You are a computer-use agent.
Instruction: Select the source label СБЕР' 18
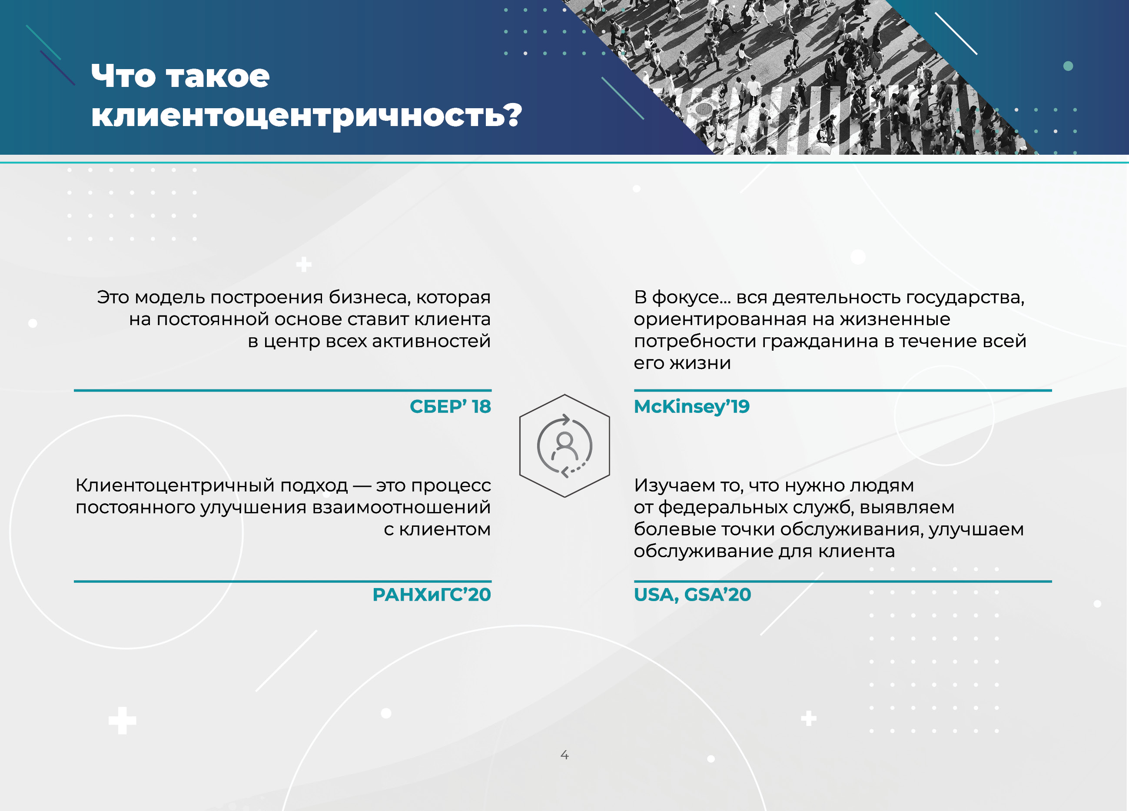(450, 406)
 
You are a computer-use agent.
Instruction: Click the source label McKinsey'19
(691, 407)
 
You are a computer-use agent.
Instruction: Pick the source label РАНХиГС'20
(432, 595)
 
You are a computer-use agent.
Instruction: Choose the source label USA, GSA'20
(692, 595)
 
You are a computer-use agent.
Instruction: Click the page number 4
(564, 755)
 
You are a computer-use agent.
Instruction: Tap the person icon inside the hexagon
(564, 446)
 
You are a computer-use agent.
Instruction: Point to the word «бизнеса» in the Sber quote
(369, 298)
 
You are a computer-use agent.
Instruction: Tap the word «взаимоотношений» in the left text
(401, 507)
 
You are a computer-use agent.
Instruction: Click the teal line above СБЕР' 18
(283, 390)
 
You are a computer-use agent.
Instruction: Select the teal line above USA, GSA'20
(843, 581)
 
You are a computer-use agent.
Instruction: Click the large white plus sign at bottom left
(123, 721)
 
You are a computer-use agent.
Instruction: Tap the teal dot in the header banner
(1068, 66)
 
